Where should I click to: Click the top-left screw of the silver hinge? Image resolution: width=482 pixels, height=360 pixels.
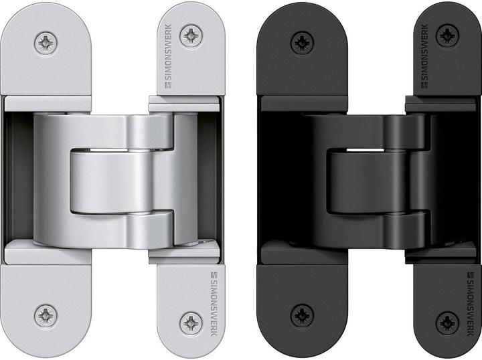point(46,43)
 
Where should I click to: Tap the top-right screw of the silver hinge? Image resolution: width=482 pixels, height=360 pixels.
point(191,36)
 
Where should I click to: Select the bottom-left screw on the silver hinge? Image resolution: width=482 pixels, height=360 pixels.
point(46,316)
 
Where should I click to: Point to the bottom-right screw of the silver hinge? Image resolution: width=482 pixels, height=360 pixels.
point(191,323)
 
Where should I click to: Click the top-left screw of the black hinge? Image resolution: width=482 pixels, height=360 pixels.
point(302,43)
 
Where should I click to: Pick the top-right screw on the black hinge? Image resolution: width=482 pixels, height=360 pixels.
point(447,36)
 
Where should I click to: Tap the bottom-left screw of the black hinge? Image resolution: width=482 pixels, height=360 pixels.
point(302,316)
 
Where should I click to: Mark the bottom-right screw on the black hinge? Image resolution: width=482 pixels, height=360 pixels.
point(447,323)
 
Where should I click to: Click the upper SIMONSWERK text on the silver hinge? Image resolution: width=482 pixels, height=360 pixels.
point(168,52)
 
